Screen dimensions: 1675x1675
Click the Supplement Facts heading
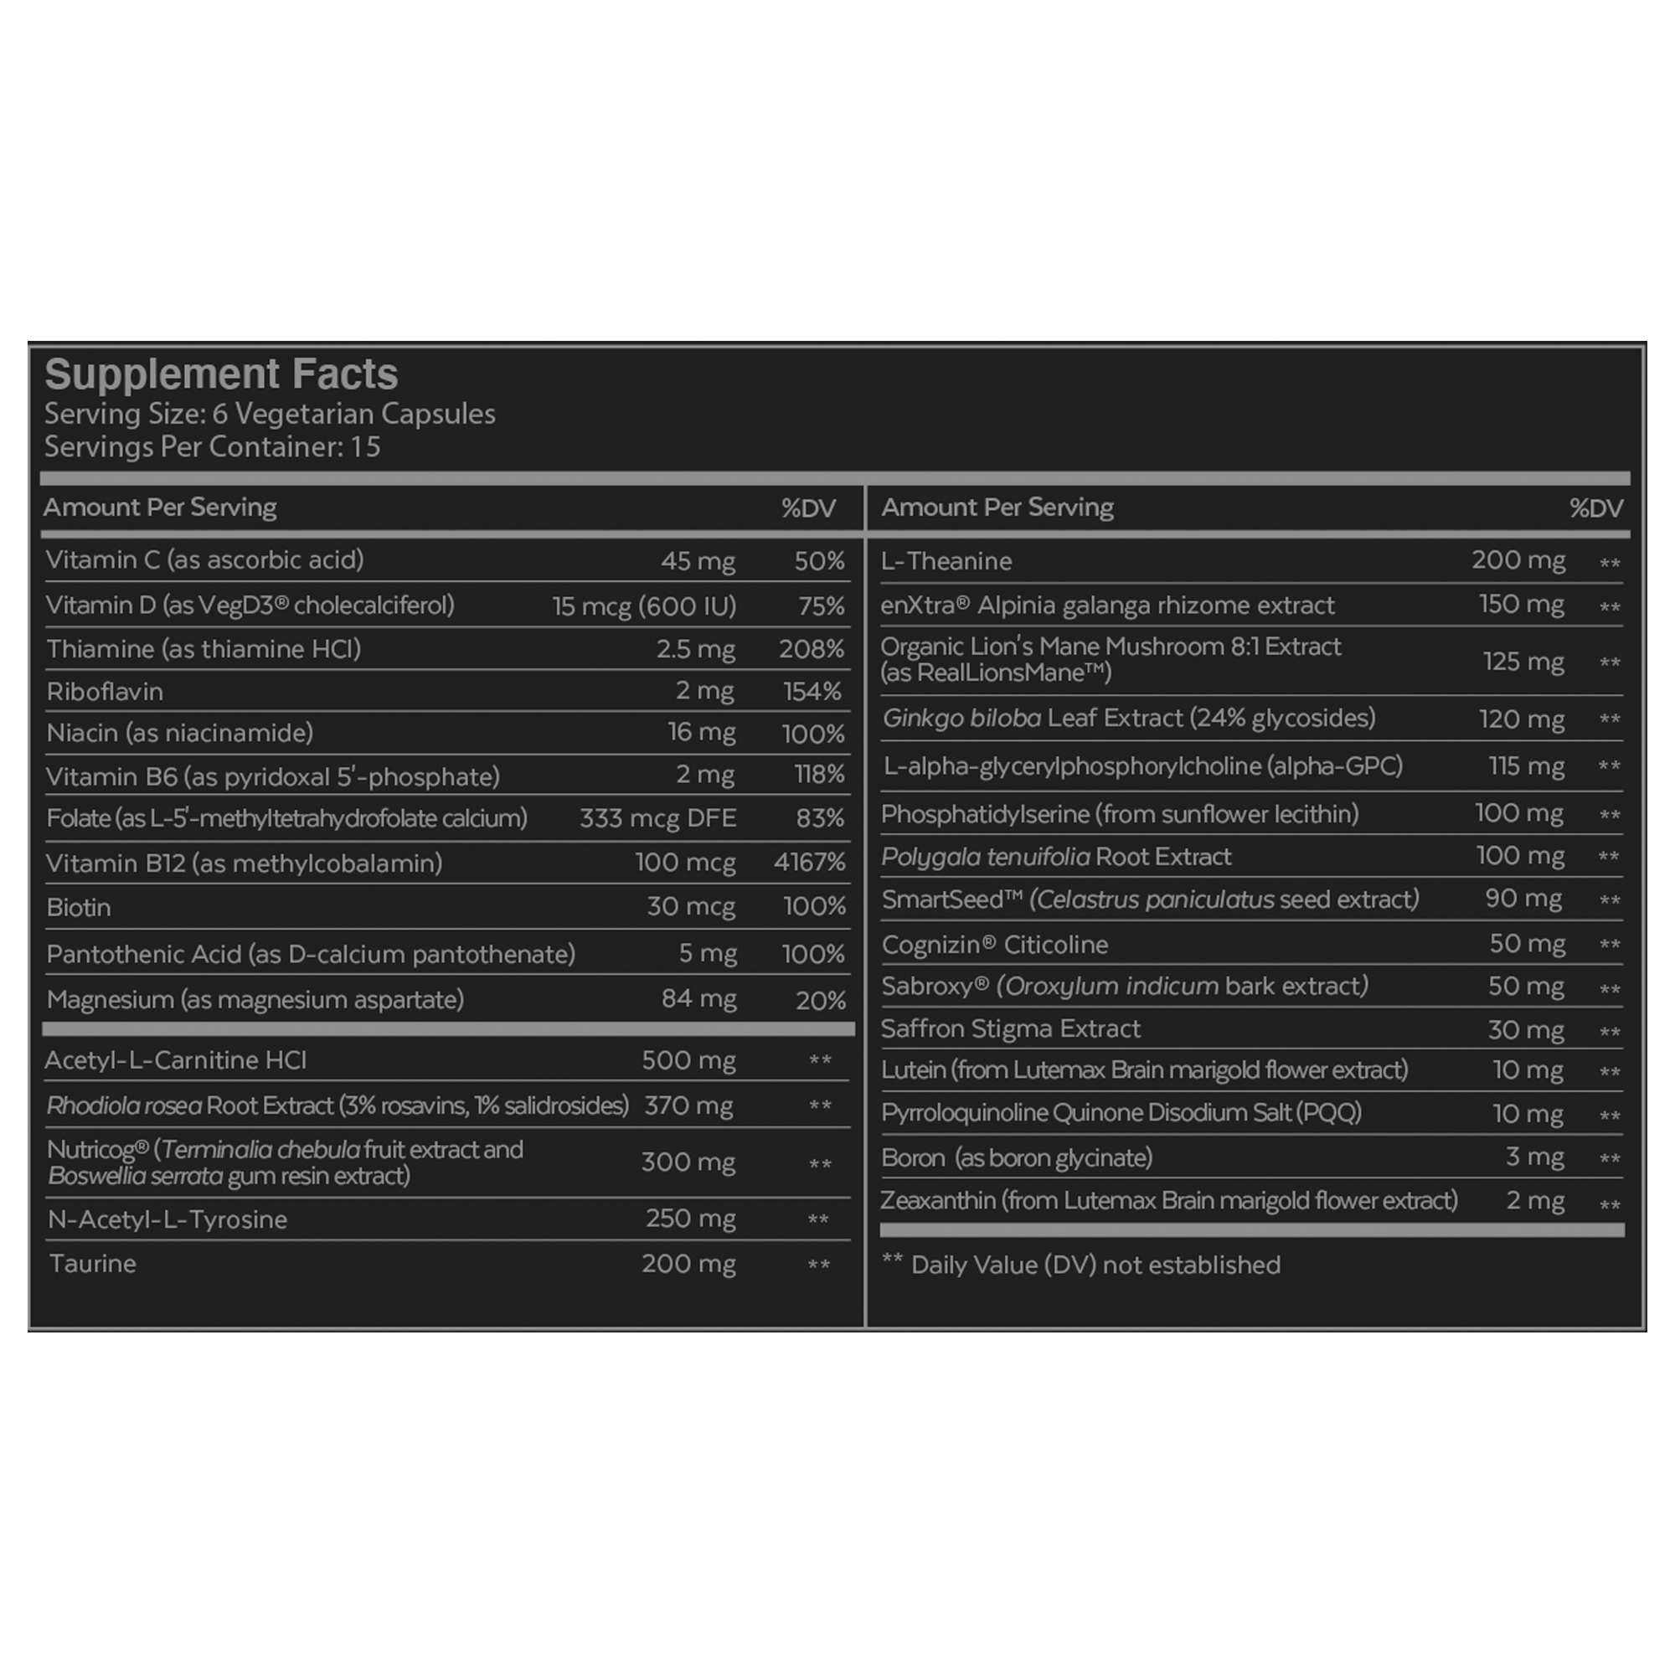[x=221, y=374]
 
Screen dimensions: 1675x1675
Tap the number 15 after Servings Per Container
[x=365, y=447]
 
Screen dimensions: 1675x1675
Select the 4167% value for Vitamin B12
[x=809, y=863]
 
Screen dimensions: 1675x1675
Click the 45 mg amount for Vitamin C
[x=698, y=561]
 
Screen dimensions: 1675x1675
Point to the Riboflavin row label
[x=105, y=692]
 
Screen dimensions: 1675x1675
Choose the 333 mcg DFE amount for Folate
[x=658, y=818]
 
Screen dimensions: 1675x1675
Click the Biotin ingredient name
[x=79, y=908]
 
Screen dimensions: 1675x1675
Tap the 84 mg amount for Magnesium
[x=698, y=999]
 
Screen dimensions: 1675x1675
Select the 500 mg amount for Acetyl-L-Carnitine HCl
[x=688, y=1060]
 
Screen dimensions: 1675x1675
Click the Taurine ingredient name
[x=93, y=1264]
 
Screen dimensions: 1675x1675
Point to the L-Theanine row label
[x=946, y=562]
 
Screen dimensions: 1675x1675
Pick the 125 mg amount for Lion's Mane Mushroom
[x=1523, y=662]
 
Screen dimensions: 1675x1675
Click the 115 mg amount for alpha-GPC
[x=1526, y=766]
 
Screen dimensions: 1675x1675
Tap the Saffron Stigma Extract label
[x=1010, y=1029]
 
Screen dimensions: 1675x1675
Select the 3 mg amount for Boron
[x=1534, y=1157]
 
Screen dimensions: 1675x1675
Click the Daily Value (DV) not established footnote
[x=1095, y=1265]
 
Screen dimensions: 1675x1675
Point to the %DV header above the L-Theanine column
[x=1595, y=509]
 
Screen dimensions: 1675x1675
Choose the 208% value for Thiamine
[x=811, y=649]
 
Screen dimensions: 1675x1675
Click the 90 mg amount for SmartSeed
[x=1523, y=899]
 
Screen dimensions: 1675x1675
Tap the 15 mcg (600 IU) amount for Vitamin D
[x=644, y=606]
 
